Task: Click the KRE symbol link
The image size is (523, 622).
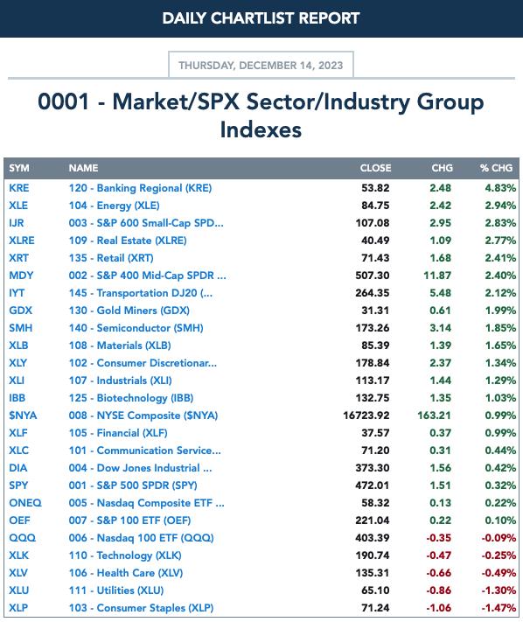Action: point(19,188)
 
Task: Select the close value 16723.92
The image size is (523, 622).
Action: point(366,416)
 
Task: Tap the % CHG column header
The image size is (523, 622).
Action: point(496,168)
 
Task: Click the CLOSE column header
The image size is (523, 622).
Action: point(375,168)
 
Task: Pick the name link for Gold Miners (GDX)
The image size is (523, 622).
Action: point(129,311)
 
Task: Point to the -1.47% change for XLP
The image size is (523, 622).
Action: point(499,608)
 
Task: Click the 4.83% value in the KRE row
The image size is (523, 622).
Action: point(500,188)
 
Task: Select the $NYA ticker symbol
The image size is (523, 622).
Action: point(23,416)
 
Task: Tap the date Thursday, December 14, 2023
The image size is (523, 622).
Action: point(261,66)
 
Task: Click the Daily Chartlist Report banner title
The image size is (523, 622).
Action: point(261,18)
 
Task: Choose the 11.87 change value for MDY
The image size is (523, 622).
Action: point(437,276)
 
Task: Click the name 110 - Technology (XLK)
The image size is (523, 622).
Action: point(125,556)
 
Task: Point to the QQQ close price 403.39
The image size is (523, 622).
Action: point(373,538)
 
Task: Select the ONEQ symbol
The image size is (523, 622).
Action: point(25,503)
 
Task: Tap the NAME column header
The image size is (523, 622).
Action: point(83,168)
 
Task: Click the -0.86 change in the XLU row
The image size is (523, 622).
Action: point(438,591)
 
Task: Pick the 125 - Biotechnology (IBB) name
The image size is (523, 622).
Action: point(131,398)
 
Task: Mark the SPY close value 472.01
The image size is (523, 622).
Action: point(373,486)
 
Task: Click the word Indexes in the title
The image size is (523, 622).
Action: point(261,129)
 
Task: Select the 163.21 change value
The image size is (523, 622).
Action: point(434,416)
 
